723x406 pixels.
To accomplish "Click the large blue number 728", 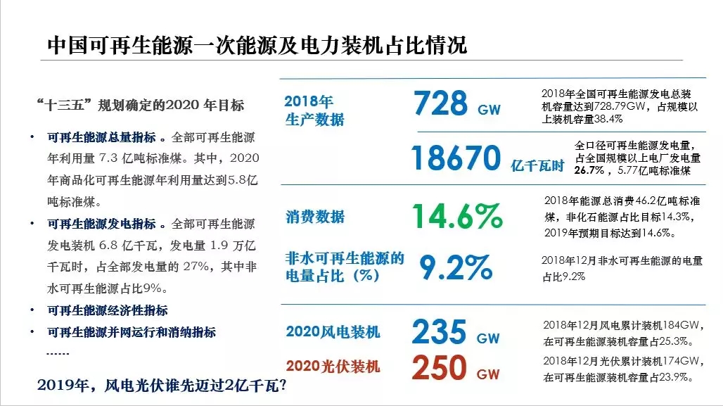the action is pos(440,103).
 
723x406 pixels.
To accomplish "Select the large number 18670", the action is pos(456,158).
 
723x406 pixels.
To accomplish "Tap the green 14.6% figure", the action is pos(457,216).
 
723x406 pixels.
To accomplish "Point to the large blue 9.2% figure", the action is pos(456,267).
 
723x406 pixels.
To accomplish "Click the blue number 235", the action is pos(439,331).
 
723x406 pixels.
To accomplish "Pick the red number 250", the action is pos(439,367).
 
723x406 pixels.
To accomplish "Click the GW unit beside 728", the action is pos(489,110).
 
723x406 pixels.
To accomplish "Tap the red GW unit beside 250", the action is pos(488,374).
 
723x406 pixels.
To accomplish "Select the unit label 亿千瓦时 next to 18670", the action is pos(537,165).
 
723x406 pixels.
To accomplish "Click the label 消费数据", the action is pos(315,217).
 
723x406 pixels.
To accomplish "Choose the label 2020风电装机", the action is pos(333,331).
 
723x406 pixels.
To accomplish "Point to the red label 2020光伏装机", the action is pos(333,367).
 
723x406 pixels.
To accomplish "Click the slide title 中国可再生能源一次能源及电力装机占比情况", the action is pos(257,45).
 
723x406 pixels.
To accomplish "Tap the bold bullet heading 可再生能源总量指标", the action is pos(101,137).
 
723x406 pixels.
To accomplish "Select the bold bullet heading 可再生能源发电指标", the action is pos(101,224).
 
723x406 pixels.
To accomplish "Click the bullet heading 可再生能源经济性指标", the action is pos(108,310).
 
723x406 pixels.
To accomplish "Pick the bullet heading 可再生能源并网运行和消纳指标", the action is pos(132,332).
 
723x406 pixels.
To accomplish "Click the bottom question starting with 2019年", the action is pos(162,385).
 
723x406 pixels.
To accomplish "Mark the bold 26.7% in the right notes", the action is pos(589,171).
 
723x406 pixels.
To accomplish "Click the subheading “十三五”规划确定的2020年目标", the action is pos(140,105).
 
